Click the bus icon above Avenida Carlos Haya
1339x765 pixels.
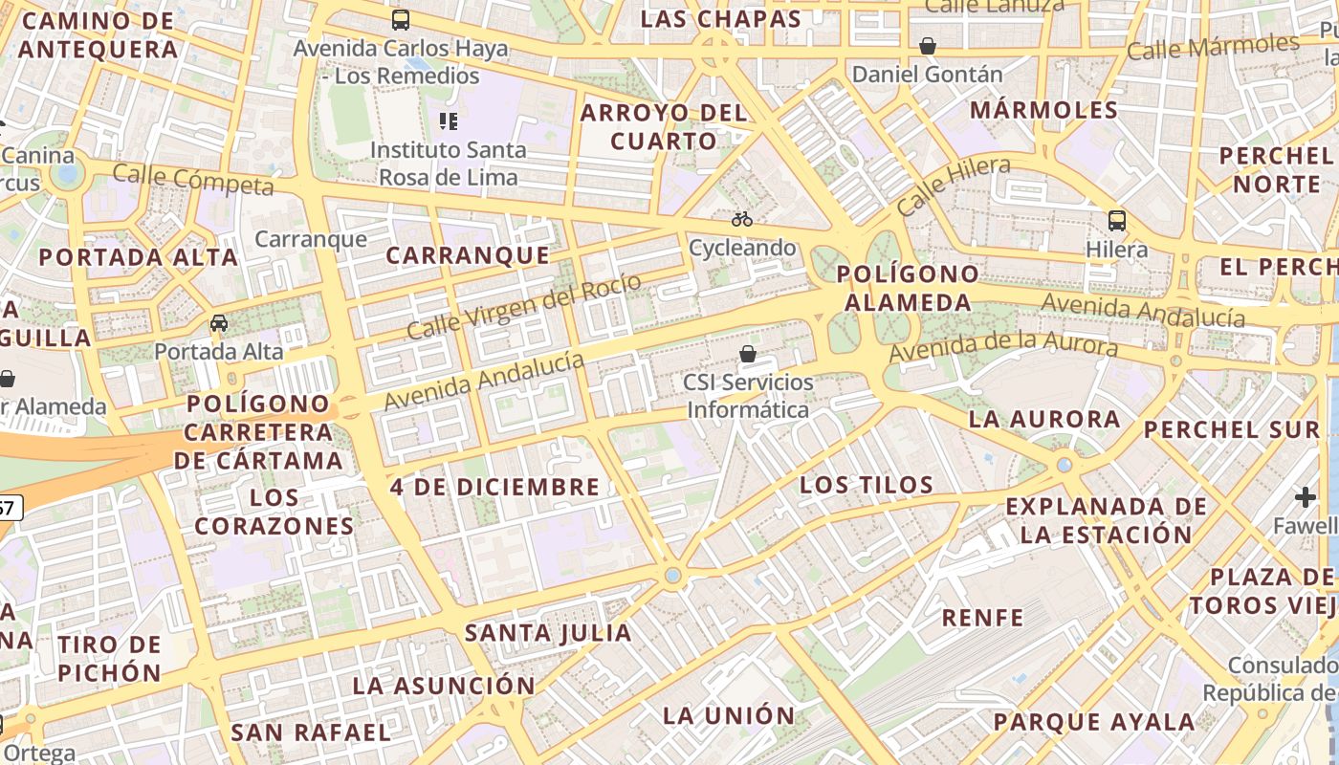tap(401, 19)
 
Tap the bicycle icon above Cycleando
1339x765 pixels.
tap(742, 219)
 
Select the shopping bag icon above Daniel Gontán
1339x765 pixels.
tap(927, 45)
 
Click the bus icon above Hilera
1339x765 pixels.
tap(1116, 221)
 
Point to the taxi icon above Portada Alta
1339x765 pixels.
tap(219, 323)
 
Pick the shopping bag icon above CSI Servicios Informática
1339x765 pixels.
tap(748, 355)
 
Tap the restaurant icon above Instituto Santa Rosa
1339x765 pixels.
tap(448, 120)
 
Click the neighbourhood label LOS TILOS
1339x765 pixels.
tap(867, 485)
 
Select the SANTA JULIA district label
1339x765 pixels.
tap(548, 632)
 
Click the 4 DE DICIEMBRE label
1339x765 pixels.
tap(494, 487)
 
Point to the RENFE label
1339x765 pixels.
tap(982, 617)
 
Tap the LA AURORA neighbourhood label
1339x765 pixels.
tap(1044, 419)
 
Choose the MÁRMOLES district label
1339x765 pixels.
tap(1043, 110)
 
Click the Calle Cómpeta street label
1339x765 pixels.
tap(193, 179)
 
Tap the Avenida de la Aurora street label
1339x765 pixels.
tap(1003, 346)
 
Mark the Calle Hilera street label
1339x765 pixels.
tap(954, 186)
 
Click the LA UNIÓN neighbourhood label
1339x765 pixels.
tap(729, 715)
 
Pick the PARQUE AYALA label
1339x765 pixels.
tap(1094, 722)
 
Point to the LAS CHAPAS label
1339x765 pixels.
tap(720, 19)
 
